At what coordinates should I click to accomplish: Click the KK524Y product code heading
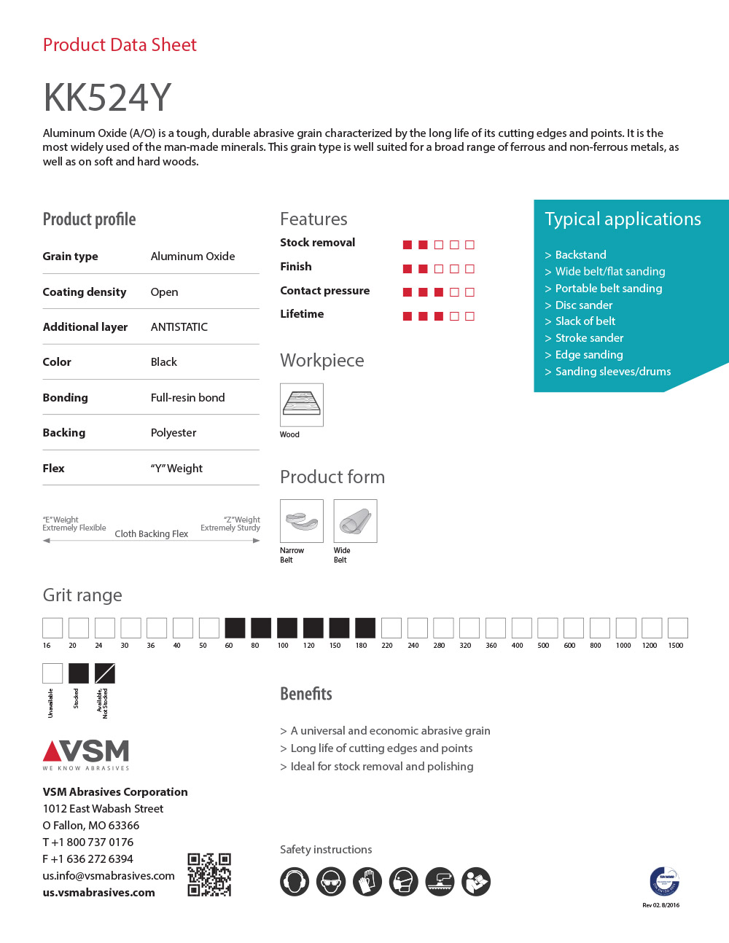107,97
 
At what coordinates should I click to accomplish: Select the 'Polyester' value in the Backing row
174,433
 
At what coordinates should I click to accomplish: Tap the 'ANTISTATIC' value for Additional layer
179,327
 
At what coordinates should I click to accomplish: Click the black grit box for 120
313,628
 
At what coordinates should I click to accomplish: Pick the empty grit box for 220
391,628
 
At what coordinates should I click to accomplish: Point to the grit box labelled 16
52,628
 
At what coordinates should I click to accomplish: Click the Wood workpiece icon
302,404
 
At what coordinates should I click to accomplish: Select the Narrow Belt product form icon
302,521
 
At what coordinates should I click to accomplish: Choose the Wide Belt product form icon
355,521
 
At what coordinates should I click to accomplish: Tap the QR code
209,874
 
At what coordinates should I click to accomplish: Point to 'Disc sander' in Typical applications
584,305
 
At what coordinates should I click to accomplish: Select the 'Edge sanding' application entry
589,355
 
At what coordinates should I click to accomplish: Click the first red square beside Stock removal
408,245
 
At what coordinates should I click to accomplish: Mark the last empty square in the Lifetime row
469,316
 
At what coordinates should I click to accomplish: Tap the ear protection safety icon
295,882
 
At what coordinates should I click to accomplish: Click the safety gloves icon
367,882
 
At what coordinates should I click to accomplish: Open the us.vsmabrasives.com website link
99,893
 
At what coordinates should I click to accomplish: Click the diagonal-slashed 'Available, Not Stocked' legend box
105,673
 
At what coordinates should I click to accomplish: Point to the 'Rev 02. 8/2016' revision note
660,905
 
